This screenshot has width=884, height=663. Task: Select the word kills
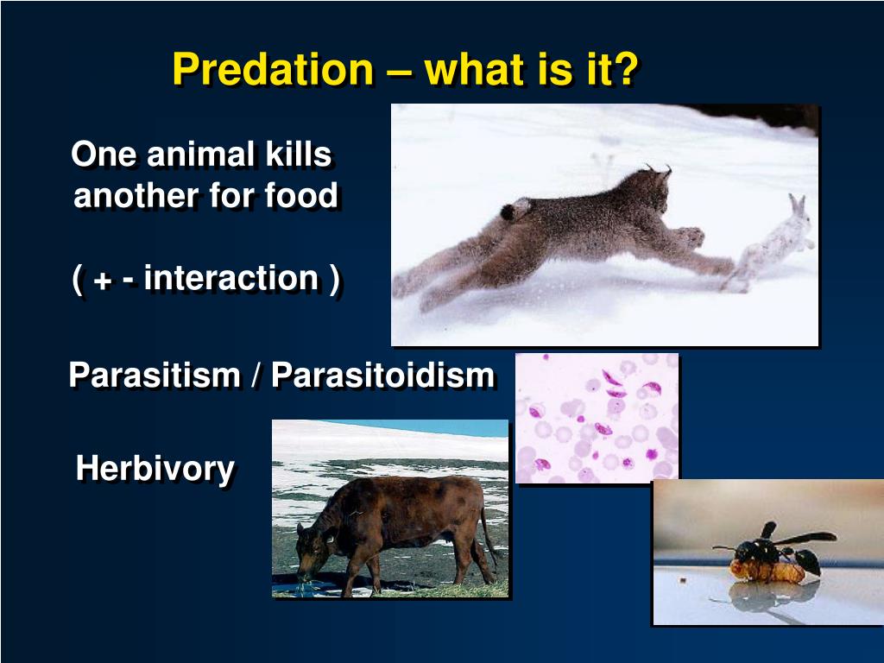pyautogui.click(x=298, y=155)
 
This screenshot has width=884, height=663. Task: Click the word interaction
pyautogui.click(x=230, y=279)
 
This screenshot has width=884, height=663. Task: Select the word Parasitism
pyautogui.click(x=155, y=376)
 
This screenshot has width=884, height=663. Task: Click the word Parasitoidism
pyautogui.click(x=382, y=376)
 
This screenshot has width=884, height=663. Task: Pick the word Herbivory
pyautogui.click(x=155, y=469)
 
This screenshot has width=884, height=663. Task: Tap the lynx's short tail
pyautogui.click(x=516, y=209)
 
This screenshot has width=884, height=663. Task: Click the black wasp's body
pyautogui.click(x=760, y=549)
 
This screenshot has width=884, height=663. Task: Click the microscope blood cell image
pyautogui.click(x=597, y=417)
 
